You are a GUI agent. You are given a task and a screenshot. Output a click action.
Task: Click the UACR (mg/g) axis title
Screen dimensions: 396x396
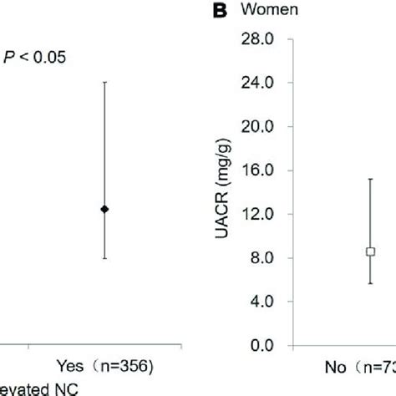point(225,192)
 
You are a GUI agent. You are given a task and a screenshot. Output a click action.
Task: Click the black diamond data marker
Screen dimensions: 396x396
point(104,209)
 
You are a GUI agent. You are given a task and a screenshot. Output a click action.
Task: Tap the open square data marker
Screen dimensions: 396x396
point(370,251)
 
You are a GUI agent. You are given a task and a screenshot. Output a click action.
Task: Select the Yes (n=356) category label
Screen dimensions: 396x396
point(105,365)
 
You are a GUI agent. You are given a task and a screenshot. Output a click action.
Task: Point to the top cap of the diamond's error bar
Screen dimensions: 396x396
point(104,82)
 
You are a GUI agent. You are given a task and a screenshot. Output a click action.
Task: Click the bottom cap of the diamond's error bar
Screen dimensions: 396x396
point(104,258)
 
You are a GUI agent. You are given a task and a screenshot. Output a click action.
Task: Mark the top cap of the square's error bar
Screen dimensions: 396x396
point(370,179)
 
